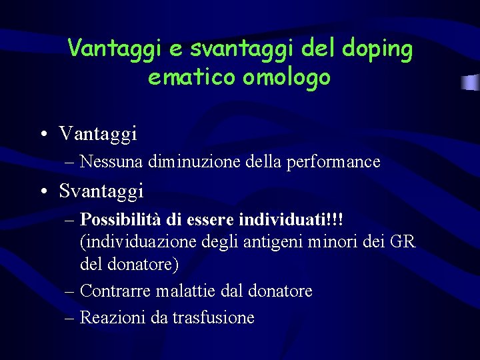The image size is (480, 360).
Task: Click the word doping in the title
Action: click(377, 48)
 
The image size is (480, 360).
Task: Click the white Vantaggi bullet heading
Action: click(98, 133)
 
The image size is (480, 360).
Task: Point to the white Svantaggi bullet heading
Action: click(101, 191)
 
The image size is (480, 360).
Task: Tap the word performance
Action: click(333, 161)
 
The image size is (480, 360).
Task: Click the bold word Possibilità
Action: click(123, 219)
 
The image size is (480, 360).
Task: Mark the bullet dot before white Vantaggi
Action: click(43, 134)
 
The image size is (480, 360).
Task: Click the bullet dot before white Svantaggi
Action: click(43, 192)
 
